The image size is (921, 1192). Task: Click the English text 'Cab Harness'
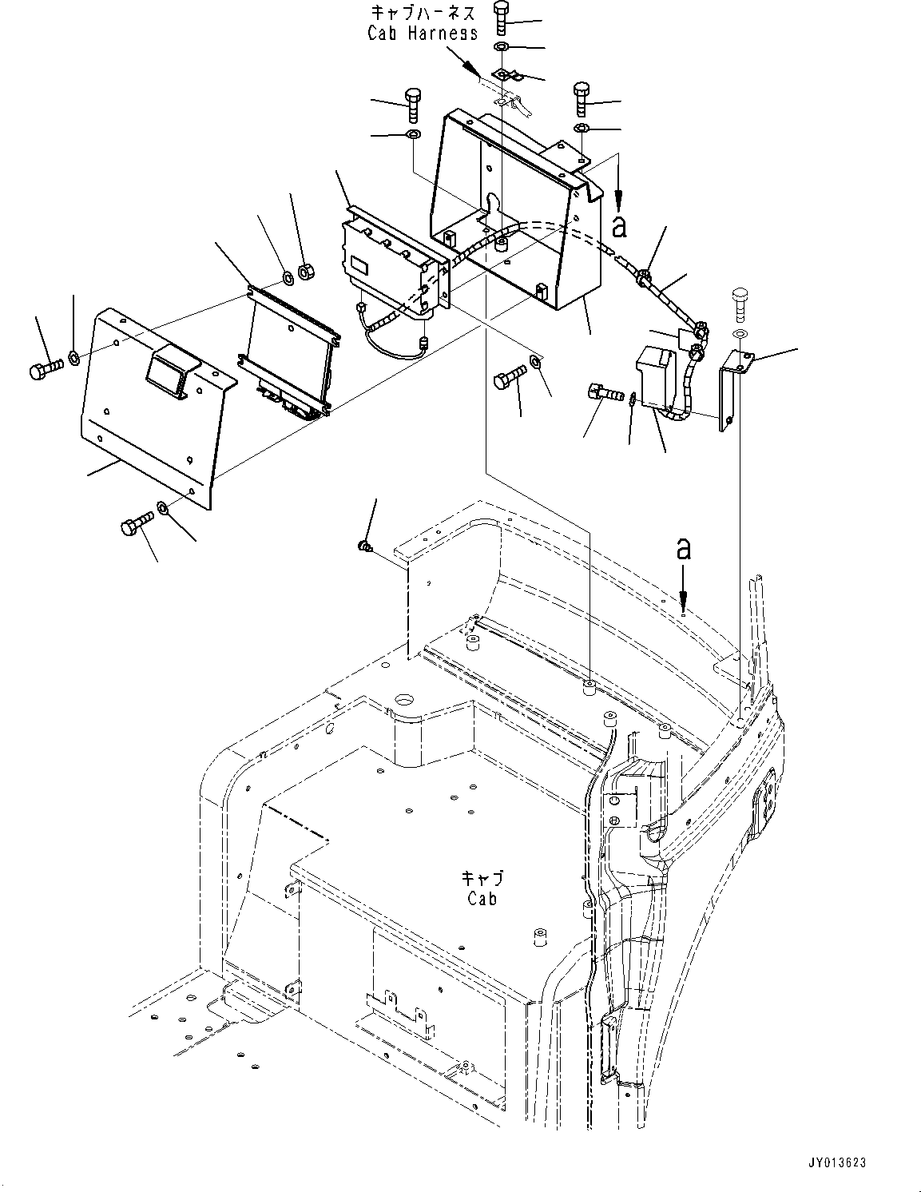point(423,33)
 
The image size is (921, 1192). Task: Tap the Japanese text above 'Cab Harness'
point(423,13)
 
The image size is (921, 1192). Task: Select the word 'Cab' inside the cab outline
point(482,898)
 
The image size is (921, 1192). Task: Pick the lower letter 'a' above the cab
point(683,549)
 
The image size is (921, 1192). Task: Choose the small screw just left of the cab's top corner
point(364,546)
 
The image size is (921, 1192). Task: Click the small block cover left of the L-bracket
point(655,379)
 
